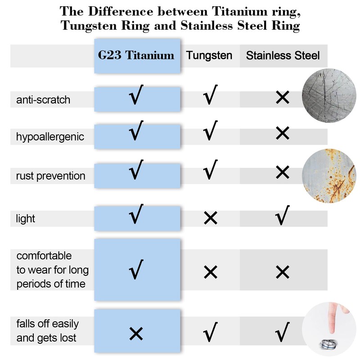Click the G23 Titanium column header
(136, 55)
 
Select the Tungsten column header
(209, 55)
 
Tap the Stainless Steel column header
(283, 55)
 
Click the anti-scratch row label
(43, 99)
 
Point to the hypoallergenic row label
(50, 137)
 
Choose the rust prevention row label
(50, 175)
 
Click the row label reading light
(26, 219)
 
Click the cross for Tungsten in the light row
(210, 219)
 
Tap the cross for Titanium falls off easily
(136, 333)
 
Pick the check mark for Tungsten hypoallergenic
(210, 132)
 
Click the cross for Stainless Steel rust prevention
(282, 172)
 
